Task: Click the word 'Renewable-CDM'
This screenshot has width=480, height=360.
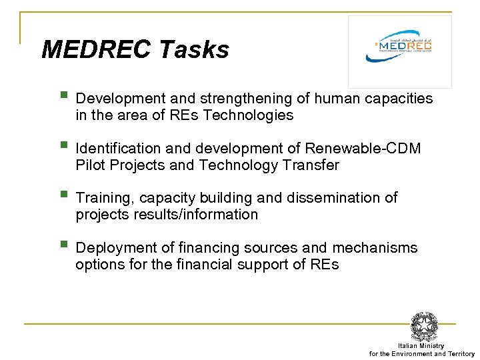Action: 363,148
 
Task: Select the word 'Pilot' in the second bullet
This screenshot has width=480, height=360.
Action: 89,165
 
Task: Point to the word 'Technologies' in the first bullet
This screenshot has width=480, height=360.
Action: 248,115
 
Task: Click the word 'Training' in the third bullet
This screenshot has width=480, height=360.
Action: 101,198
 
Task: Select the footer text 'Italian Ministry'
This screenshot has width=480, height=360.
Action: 421,346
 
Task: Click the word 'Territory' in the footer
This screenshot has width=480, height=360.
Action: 461,354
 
